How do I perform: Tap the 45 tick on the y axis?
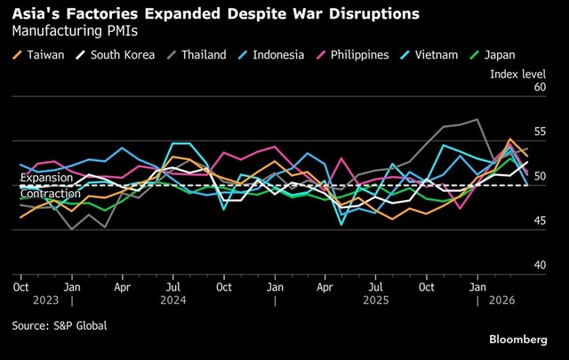(x=539, y=221)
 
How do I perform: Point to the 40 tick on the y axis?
(x=539, y=266)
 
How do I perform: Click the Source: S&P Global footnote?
(x=60, y=325)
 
